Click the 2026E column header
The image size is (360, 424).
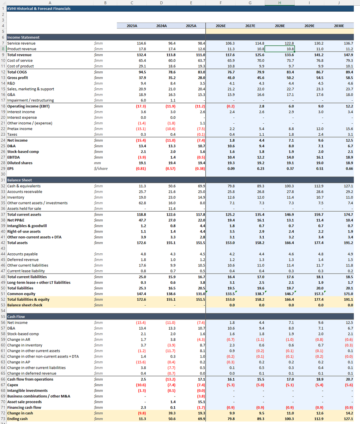[221, 26]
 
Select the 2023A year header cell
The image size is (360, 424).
[132, 26]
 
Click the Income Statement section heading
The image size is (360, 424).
[23, 37]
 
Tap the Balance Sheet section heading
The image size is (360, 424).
[19, 180]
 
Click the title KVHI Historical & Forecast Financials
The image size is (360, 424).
[39, 8]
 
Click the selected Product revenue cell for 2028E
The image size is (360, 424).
[280, 49]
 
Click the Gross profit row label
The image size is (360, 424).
[17, 78]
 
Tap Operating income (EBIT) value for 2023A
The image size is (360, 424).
[141, 106]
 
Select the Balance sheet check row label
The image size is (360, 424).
[25, 305]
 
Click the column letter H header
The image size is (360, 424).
[280, 3]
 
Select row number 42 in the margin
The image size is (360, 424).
[3, 243]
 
